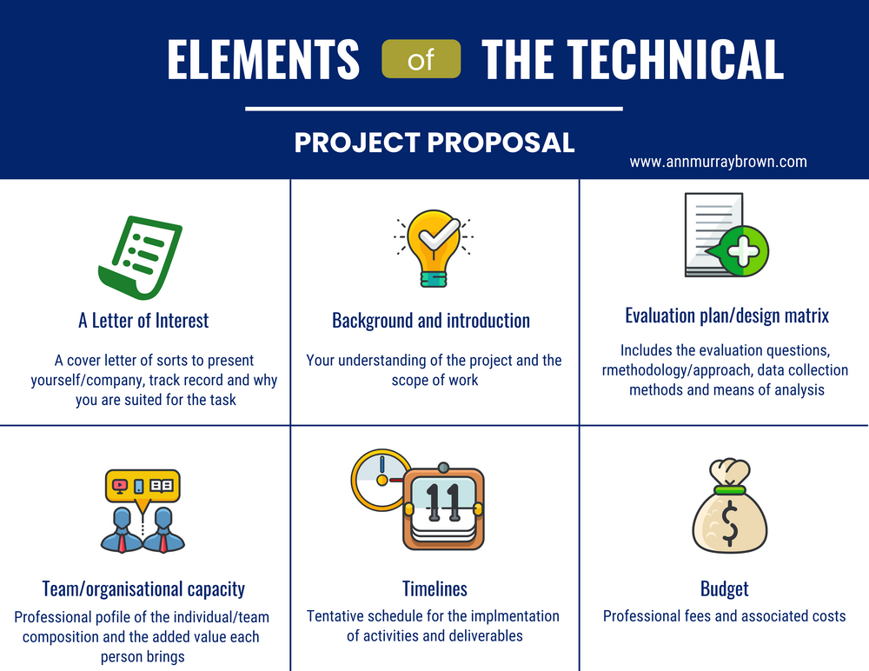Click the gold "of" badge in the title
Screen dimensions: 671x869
coord(421,61)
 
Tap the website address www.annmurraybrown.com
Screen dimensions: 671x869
coord(718,162)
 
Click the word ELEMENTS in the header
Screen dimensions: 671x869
coord(263,60)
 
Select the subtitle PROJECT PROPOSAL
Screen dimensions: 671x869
coord(434,143)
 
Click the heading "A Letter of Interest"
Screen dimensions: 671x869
coord(143,321)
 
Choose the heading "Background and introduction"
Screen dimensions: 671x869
coord(431,321)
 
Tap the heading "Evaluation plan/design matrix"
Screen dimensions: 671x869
coord(726,316)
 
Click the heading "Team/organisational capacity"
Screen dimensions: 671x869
coord(143,589)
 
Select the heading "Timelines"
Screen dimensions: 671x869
coord(434,589)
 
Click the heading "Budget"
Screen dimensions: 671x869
coord(724,589)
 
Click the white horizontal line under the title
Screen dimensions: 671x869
coord(434,109)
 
